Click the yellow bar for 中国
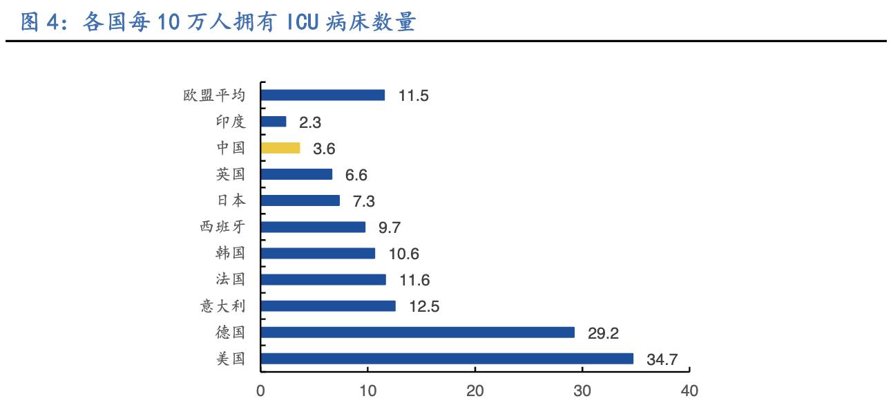(280, 148)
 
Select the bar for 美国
(447, 359)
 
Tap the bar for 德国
(418, 333)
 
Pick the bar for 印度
(274, 122)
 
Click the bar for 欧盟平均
(323, 95)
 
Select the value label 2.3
(310, 122)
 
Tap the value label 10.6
(403, 254)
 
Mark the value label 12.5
(423, 306)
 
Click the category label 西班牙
(222, 227)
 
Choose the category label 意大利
(222, 306)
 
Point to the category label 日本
(230, 200)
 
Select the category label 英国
(230, 174)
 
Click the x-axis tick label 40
(689, 391)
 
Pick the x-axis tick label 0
(261, 391)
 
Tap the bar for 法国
(323, 280)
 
